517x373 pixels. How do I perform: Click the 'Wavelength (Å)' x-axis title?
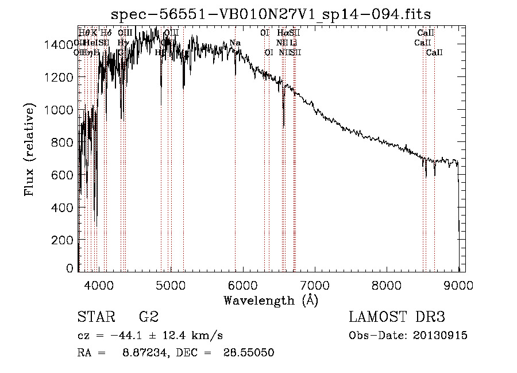coord(271,300)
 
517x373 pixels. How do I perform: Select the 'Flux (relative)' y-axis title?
coord(29,149)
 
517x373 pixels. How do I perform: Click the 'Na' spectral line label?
coord(235,43)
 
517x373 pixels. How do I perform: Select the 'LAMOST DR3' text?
coord(397,317)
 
